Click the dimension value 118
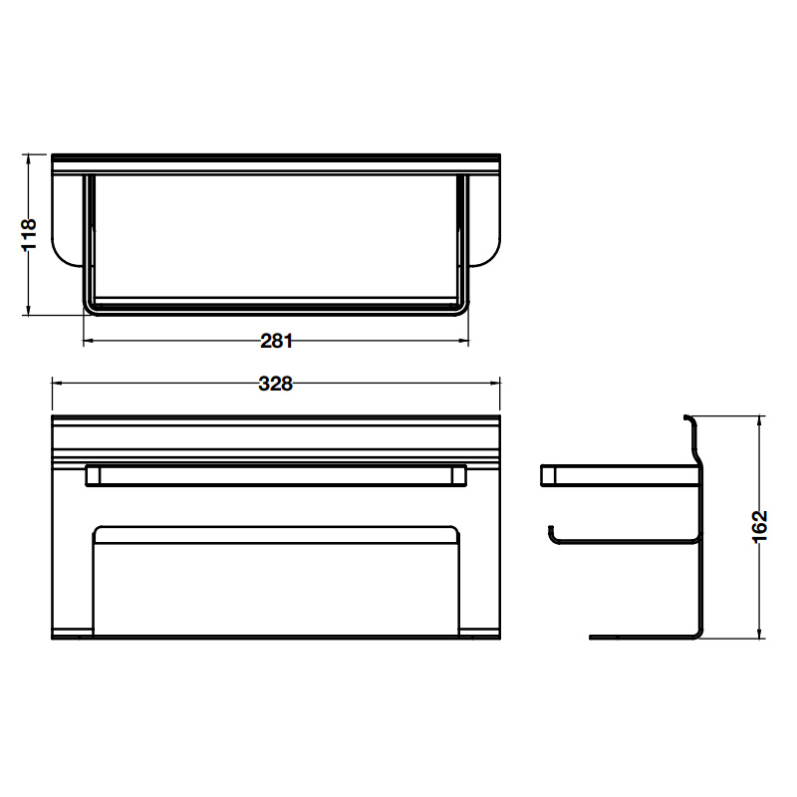pos(29,234)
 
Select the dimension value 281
pos(277,341)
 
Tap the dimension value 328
pos(276,384)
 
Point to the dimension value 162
pos(759,527)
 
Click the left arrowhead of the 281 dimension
pos(89,341)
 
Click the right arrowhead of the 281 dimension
pos(463,341)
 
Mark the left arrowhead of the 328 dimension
pos(58,384)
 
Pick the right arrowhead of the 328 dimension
pos(494,384)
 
